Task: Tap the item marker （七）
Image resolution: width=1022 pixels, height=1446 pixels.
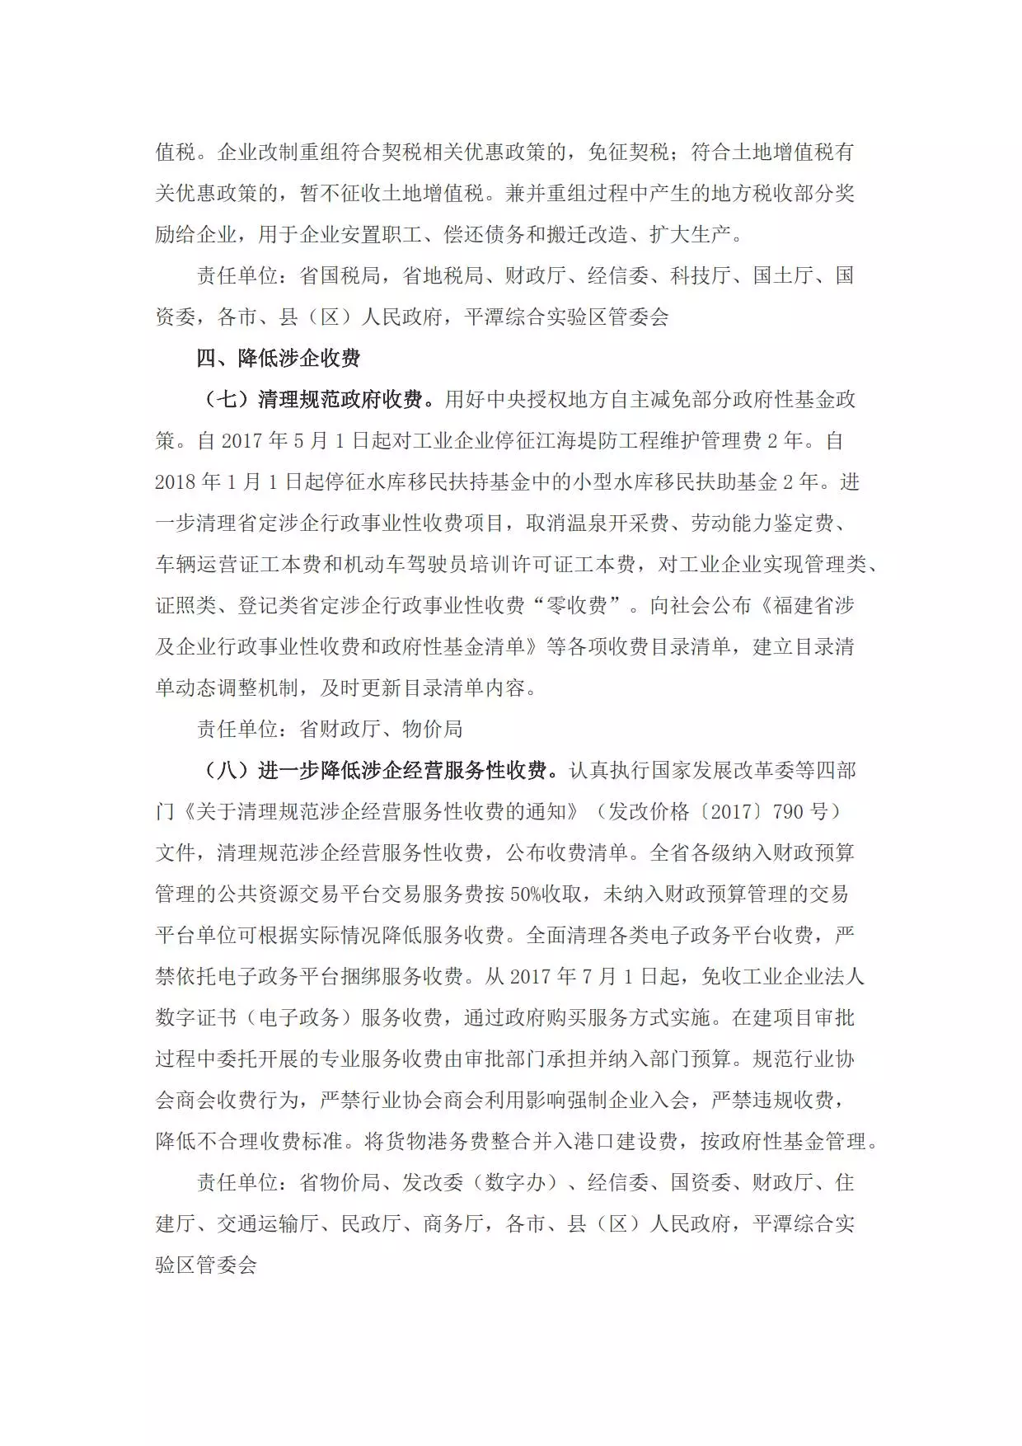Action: pyautogui.click(x=227, y=400)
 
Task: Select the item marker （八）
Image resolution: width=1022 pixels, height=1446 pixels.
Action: pyautogui.click(x=227, y=771)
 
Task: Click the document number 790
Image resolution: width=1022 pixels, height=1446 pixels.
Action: pyautogui.click(x=788, y=812)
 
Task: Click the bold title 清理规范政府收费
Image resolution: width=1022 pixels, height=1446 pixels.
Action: pyautogui.click(x=340, y=400)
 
